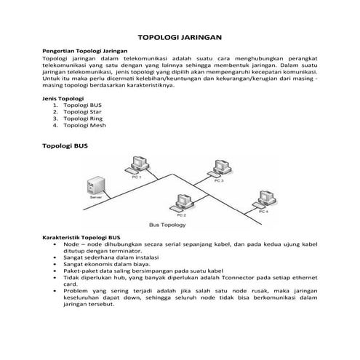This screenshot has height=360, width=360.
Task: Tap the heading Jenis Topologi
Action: tap(63, 97)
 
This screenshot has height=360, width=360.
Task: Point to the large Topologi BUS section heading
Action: tap(65, 146)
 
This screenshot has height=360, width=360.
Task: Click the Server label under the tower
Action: tap(95, 196)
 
